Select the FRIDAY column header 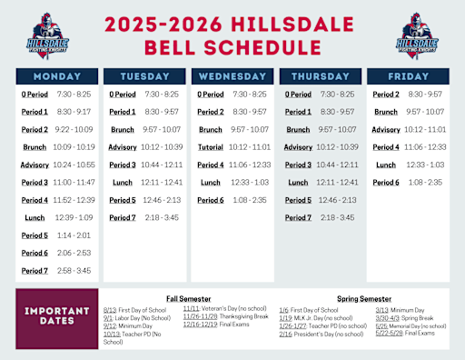click(411, 76)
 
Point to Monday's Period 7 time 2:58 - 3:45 click(74, 271)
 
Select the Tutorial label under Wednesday click(211, 146)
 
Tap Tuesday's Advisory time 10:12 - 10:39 click(163, 146)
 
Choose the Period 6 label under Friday click(385, 182)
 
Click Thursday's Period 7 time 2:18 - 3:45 click(339, 217)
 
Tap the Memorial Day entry click(407, 325)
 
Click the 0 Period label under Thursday click(300, 94)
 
